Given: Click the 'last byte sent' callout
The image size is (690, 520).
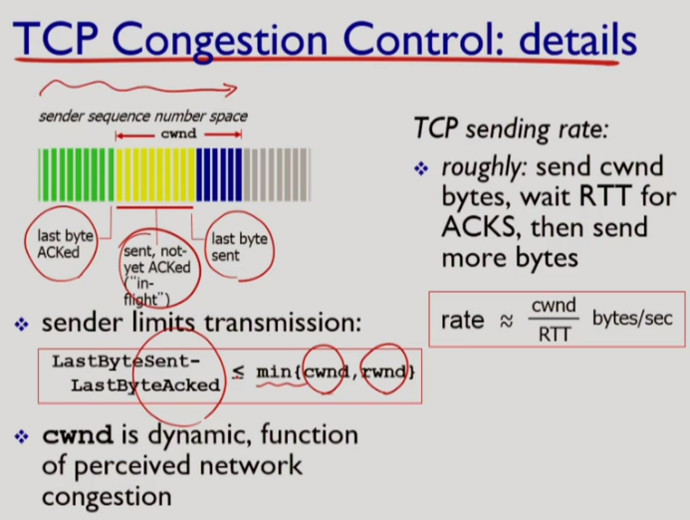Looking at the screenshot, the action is [x=239, y=246].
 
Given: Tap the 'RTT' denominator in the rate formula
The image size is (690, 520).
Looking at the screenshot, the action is [x=555, y=334].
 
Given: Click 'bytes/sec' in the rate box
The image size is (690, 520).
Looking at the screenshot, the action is [x=632, y=319].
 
